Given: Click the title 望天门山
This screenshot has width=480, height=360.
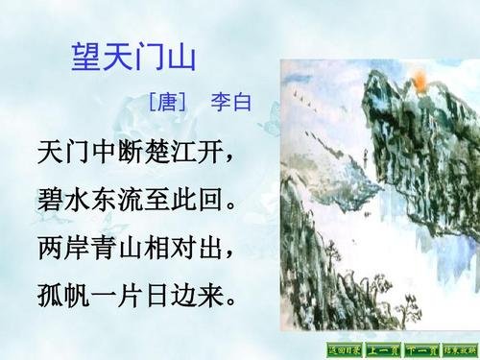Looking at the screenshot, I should pyautogui.click(x=134, y=56).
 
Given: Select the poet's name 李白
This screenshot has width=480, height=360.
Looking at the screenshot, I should pyautogui.click(x=230, y=101).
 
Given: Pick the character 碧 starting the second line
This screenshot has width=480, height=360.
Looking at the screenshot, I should pyautogui.click(x=48, y=201).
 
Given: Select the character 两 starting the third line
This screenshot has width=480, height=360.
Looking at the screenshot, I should pyautogui.click(x=48, y=247).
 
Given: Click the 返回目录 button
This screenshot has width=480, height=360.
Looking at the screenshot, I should pyautogui.click(x=346, y=349).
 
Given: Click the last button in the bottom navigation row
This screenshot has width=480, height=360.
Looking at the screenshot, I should pyautogui.click(x=459, y=349).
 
